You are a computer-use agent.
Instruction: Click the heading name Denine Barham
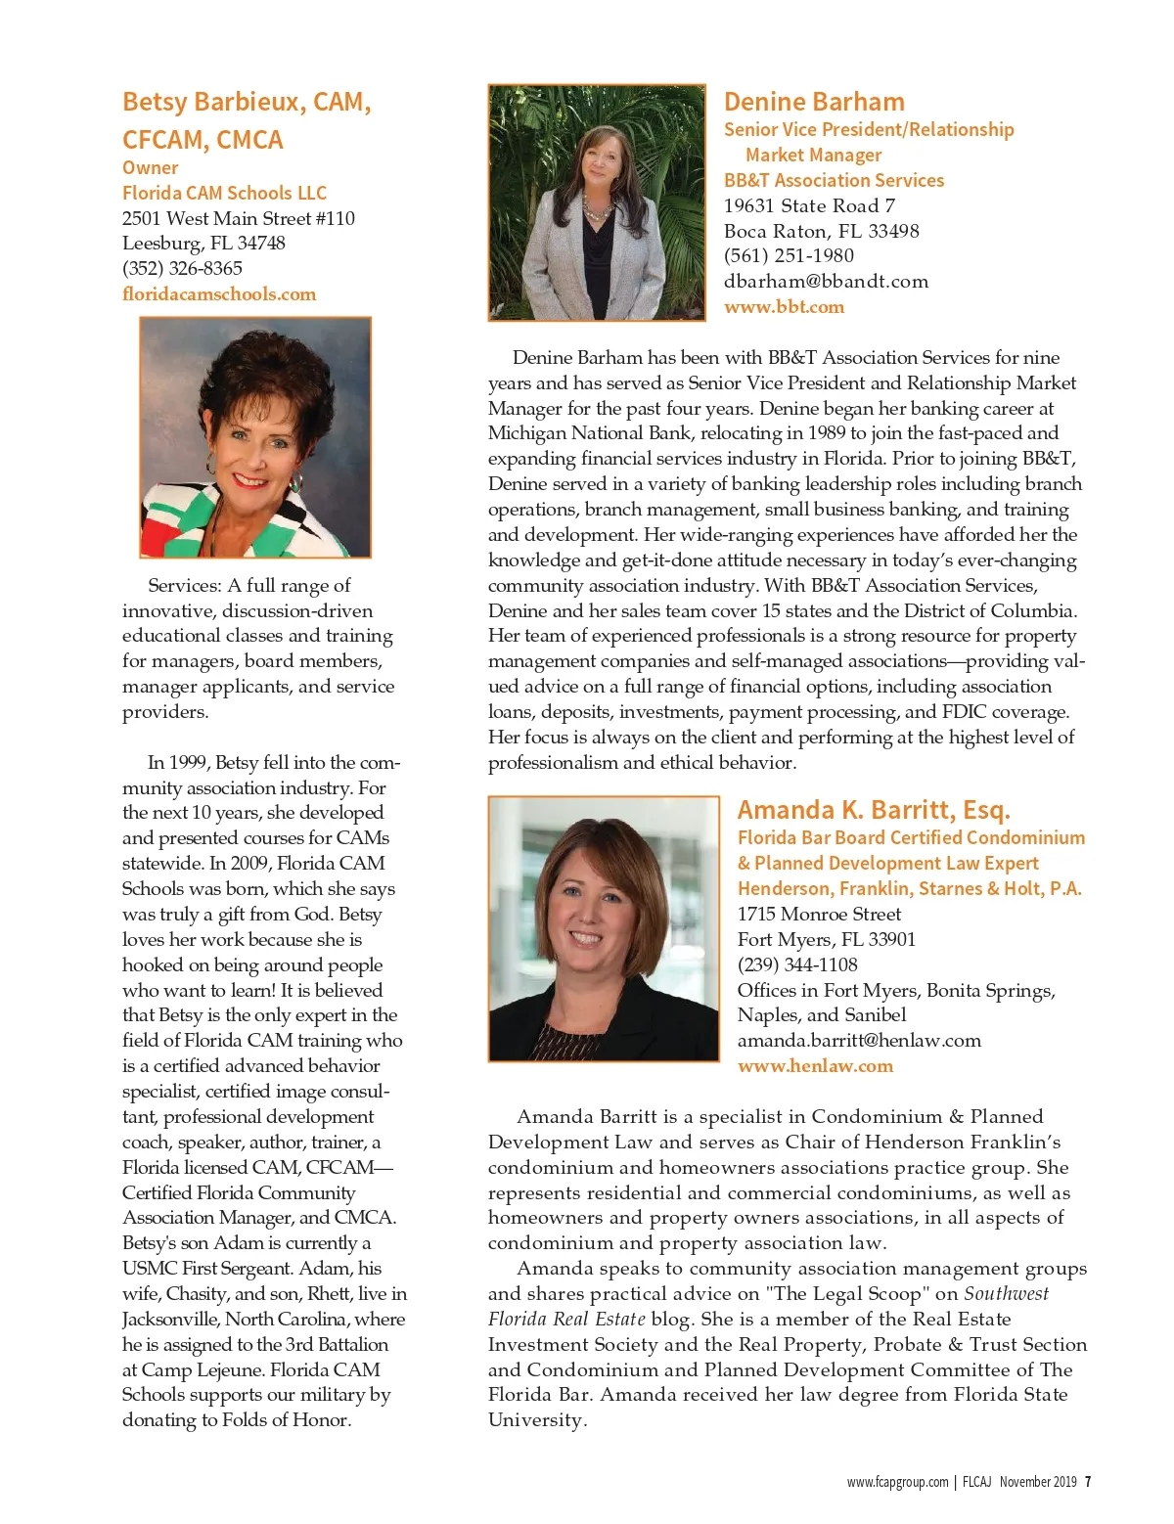coord(814,102)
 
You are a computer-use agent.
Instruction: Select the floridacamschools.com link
coord(219,293)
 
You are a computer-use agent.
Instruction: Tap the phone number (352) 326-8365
coord(182,268)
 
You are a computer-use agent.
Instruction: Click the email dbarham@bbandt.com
coord(826,281)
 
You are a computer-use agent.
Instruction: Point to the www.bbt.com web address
coord(784,306)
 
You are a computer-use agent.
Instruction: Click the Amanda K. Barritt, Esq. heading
coord(874,810)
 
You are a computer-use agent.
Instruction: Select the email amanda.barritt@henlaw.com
coord(859,1040)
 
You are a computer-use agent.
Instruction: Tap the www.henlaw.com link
coord(815,1065)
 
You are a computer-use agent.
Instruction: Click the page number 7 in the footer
coord(1088,1481)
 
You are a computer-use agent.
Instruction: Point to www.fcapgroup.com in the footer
coord(897,1481)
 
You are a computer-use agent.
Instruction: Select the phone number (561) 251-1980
coord(789,255)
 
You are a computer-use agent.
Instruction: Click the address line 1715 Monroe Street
coord(819,914)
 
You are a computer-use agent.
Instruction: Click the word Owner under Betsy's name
coord(151,167)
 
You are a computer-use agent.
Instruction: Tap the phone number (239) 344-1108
coord(797,964)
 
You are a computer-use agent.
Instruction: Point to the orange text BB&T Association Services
coord(834,180)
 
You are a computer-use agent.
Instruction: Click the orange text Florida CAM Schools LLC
coord(224,193)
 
